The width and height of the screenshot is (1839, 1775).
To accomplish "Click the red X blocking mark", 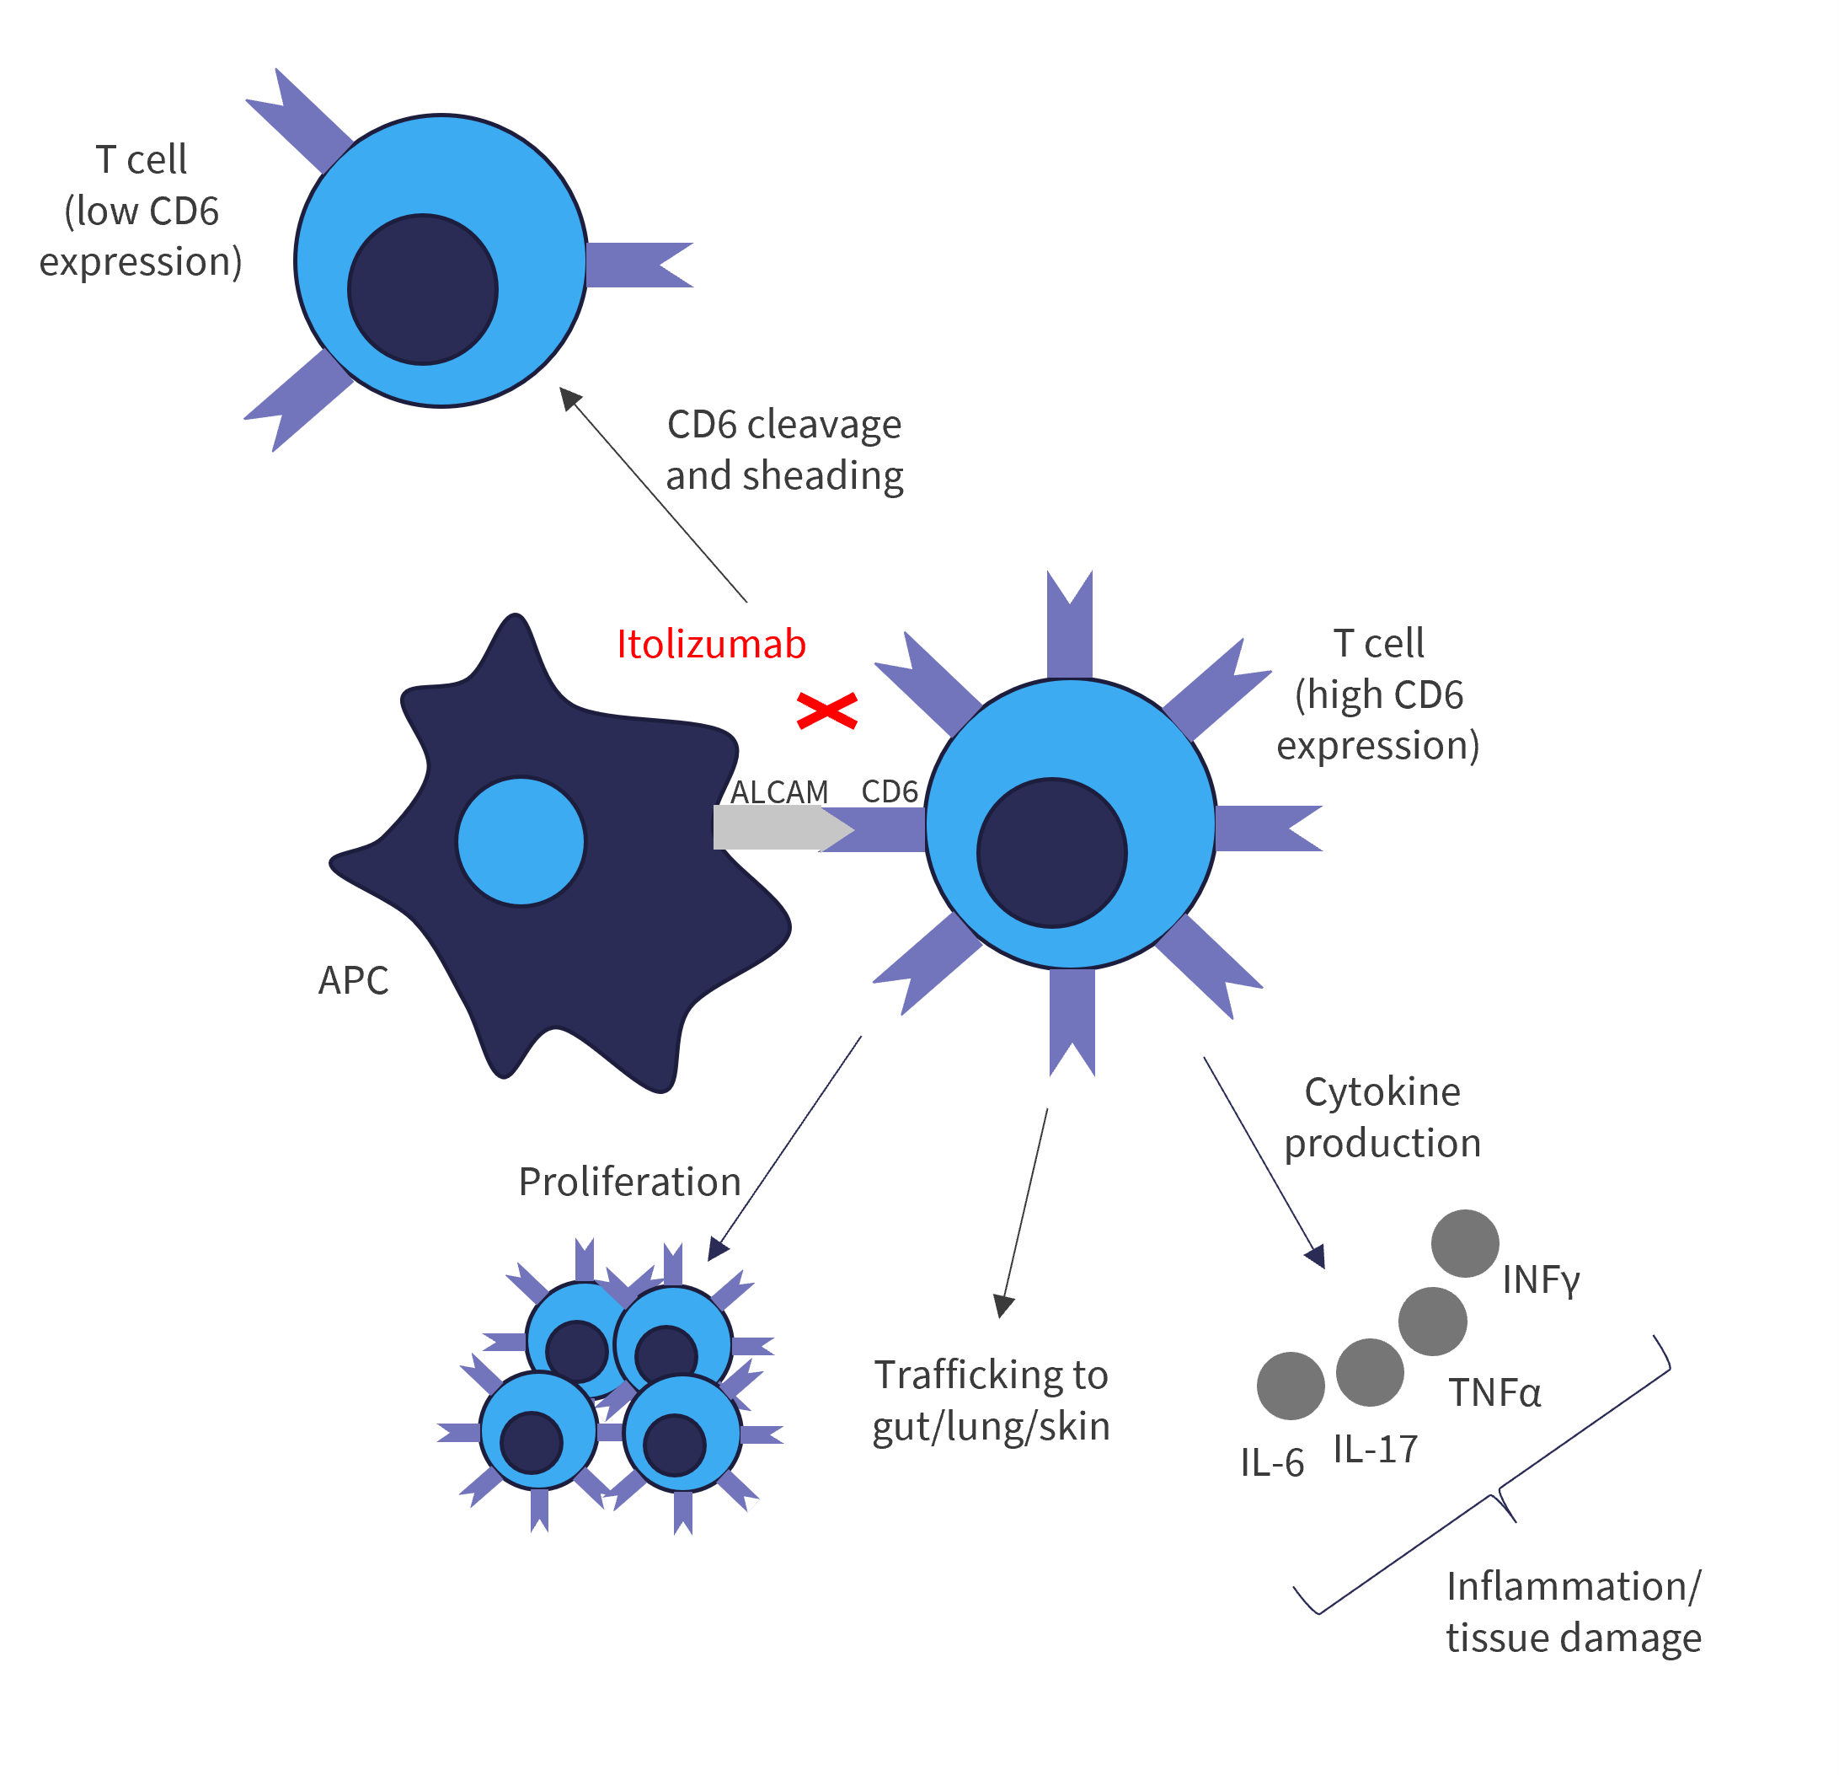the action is pos(826,711).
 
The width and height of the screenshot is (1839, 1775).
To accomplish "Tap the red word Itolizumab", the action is pos(711,644).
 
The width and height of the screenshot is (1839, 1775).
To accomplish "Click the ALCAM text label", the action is pos(780,792).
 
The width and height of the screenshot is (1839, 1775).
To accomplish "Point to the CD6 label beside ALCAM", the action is pos(890,791).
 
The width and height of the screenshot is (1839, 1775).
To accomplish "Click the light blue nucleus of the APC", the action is pos(521,842).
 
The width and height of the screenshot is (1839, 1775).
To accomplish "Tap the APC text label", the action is pos(354,980).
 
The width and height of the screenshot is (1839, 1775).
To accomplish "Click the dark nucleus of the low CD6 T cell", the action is pos(423,289).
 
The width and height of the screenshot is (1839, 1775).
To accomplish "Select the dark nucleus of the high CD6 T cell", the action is pos(1052,853).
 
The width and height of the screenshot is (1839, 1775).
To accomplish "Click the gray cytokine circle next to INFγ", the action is pos(1465,1244).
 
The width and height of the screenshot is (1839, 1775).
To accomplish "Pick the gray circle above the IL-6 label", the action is pos(1291,1386).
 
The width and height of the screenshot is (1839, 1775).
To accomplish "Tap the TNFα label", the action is pos(1495,1393).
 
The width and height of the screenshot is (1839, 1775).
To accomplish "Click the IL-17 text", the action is pos(1376,1450).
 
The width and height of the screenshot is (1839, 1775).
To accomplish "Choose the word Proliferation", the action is pos(629,1182).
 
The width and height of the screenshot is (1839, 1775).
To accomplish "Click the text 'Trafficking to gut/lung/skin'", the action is pos(992,1401).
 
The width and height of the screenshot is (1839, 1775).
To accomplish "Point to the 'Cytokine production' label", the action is pos(1383,1117).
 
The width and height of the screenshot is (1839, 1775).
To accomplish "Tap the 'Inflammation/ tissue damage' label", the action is pos(1574,1611).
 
